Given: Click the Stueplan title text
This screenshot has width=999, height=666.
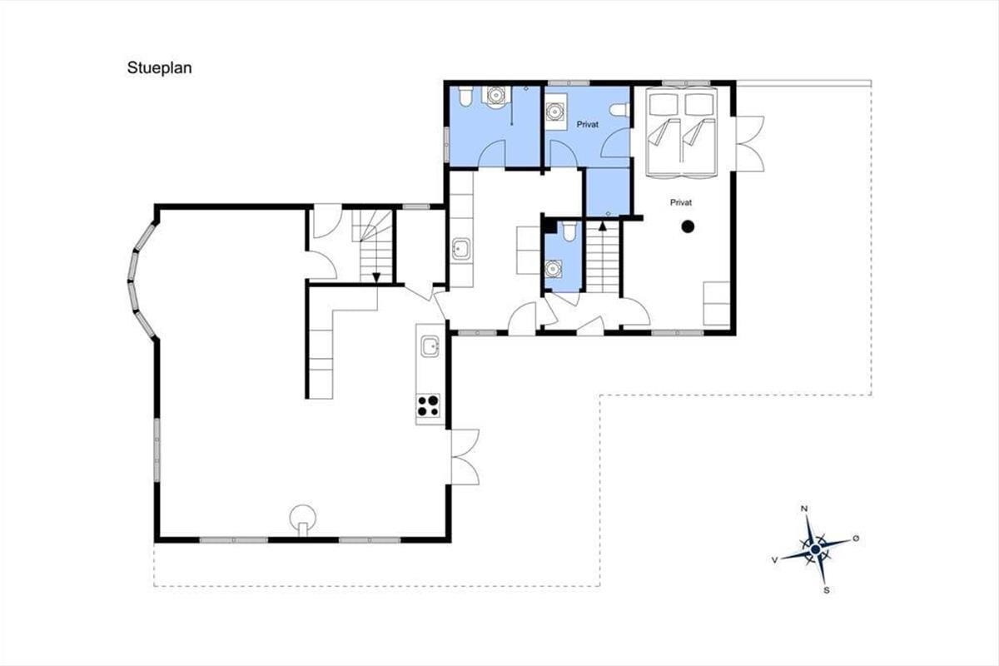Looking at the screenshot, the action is click(160, 68).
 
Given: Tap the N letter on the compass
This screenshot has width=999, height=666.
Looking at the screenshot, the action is click(804, 509).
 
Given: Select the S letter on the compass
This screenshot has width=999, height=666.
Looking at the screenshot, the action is click(827, 590).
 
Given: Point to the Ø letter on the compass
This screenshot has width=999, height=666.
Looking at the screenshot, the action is click(856, 539).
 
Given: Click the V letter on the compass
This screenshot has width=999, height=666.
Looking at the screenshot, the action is click(775, 559).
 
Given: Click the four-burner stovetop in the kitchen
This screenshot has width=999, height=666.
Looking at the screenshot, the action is click(428, 405).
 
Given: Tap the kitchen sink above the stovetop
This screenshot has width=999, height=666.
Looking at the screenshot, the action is click(430, 346).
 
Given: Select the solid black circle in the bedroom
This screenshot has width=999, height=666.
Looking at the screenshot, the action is click(688, 226).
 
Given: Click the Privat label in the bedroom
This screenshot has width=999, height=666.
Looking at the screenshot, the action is click(681, 202).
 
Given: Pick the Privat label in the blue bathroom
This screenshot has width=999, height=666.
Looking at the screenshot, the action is click(588, 124).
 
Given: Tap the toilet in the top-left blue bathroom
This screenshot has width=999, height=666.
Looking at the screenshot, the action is click(465, 96).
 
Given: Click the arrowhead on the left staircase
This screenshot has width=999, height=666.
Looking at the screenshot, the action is click(376, 277).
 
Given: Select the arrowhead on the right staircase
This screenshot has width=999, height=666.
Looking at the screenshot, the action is click(603, 226).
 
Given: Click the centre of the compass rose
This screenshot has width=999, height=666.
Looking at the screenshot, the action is click(816, 549).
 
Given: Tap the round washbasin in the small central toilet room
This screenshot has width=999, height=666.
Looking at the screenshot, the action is click(553, 269).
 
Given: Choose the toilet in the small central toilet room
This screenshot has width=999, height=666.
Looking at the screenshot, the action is click(569, 231).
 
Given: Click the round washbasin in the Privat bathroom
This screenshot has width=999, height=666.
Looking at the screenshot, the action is click(554, 112).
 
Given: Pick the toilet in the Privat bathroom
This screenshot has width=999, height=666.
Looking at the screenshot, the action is click(619, 110).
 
